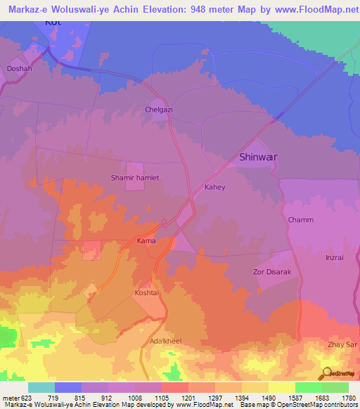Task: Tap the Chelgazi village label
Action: pyautogui.click(x=158, y=110)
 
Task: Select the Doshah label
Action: pyautogui.click(x=19, y=69)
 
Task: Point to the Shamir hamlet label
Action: pyautogui.click(x=135, y=178)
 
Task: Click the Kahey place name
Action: pyautogui.click(x=214, y=188)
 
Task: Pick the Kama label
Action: pyautogui.click(x=146, y=241)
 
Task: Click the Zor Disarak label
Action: pyautogui.click(x=270, y=271)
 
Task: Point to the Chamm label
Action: pyautogui.click(x=300, y=220)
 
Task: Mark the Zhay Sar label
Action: pyautogui.click(x=341, y=344)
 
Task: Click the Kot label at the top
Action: pyautogui.click(x=53, y=22)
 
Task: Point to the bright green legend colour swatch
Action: pyautogui.click(x=308, y=387)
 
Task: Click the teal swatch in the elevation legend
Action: pyautogui.click(x=41, y=387)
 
